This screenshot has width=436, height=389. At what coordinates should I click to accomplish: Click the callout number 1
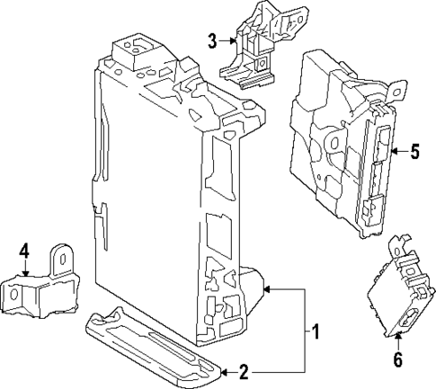coord(316,333)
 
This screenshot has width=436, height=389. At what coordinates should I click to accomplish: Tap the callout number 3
coord(212,40)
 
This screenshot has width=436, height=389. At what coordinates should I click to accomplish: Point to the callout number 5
coord(414,152)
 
